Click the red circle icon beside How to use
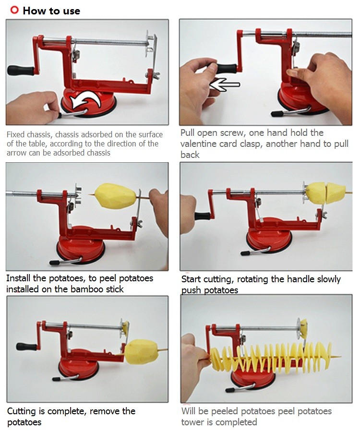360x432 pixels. (x=14, y=10)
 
